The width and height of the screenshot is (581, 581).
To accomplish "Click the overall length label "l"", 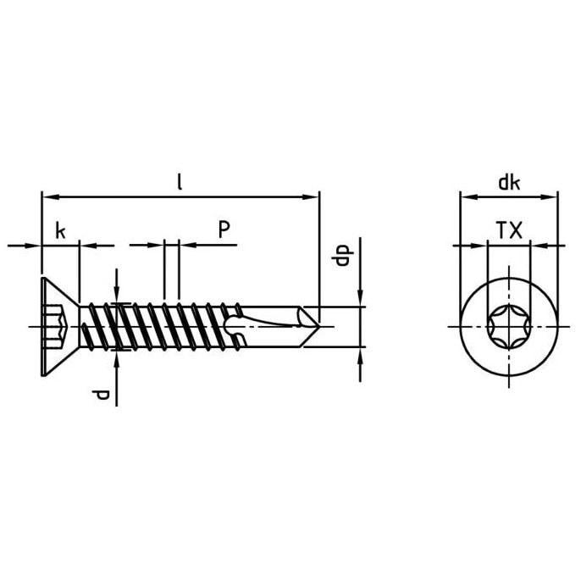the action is pyautogui.click(x=180, y=182).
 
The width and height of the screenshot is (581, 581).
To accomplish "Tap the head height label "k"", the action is pyautogui.click(x=60, y=230).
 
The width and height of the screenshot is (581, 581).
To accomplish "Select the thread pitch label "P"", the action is pyautogui.click(x=224, y=230).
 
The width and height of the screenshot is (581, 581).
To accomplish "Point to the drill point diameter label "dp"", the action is pyautogui.click(x=342, y=256).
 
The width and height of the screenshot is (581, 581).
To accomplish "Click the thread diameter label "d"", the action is pyautogui.click(x=101, y=395).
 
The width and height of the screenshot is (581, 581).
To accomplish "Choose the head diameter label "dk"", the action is pyautogui.click(x=509, y=183).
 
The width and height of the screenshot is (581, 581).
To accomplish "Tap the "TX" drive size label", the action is pyautogui.click(x=509, y=230).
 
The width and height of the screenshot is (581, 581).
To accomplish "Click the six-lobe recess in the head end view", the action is pyautogui.click(x=509, y=327).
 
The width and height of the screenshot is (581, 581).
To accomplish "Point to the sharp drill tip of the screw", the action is pyautogui.click(x=319, y=327).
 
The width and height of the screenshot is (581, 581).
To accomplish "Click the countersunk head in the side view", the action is pyautogui.click(x=60, y=327).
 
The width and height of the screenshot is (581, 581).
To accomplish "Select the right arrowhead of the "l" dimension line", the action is pyautogui.click(x=311, y=197).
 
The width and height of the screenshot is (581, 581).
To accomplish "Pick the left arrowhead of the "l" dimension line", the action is pyautogui.click(x=50, y=197).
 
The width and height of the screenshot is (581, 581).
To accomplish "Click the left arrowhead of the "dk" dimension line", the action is pyautogui.click(x=468, y=197).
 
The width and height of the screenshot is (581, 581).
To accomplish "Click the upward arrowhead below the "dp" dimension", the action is pyautogui.click(x=360, y=356).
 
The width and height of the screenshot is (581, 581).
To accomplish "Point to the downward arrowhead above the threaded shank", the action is pyautogui.click(x=117, y=296).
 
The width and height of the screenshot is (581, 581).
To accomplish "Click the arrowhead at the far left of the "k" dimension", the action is pyautogui.click(x=32, y=246).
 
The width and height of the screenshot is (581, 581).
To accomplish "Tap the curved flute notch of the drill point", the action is pyautogui.click(x=234, y=326).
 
